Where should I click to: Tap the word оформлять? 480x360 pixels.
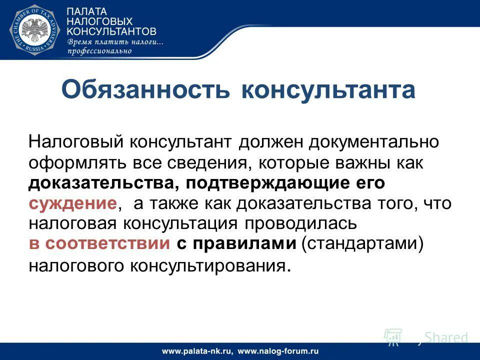pos(74,163)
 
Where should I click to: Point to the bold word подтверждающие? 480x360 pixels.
pos(267,183)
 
